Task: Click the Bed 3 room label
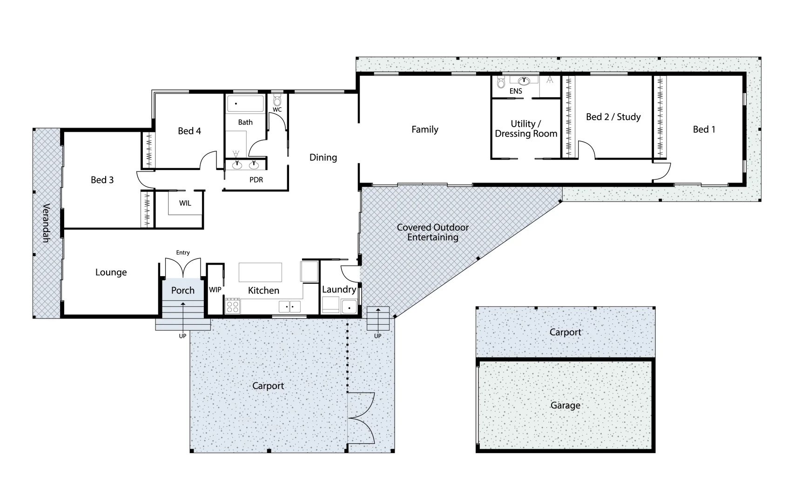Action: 102,180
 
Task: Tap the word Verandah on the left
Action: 46,223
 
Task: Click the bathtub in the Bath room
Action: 245,103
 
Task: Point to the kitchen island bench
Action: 260,272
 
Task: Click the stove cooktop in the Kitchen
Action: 233,306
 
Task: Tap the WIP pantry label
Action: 215,290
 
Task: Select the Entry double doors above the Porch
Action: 183,267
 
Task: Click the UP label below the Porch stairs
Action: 182,336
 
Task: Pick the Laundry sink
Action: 349,307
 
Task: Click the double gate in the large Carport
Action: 362,418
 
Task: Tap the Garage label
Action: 565,405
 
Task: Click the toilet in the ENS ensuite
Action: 501,83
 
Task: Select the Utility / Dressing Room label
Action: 526,129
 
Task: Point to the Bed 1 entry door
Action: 661,171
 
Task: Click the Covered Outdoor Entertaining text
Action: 432,232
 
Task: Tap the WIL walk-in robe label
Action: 185,203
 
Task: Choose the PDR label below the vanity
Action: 256,180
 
